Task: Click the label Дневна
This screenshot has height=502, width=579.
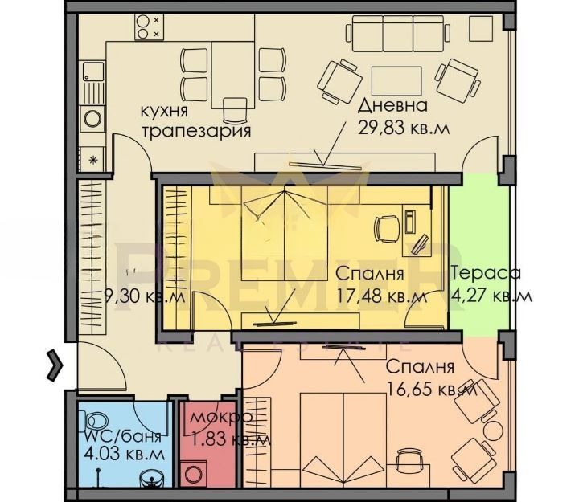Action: (393, 106)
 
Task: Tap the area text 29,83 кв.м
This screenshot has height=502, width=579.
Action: (404, 129)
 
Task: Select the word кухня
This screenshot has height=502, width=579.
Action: (165, 111)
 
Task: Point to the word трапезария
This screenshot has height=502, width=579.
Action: (196, 131)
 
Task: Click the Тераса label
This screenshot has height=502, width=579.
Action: (486, 273)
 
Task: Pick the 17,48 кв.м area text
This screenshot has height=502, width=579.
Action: (382, 296)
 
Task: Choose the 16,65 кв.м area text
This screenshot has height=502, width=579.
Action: (432, 389)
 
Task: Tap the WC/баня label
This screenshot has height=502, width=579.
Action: (123, 437)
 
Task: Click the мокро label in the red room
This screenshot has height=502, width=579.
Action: (222, 417)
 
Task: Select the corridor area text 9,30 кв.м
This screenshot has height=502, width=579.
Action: (145, 296)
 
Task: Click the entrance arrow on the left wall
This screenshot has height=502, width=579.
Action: (55, 365)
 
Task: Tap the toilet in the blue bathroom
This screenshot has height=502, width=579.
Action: (96, 421)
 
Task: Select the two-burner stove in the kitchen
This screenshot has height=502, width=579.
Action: (150, 27)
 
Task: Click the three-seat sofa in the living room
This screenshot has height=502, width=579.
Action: (398, 34)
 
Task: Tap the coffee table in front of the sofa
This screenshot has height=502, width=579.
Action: (396, 81)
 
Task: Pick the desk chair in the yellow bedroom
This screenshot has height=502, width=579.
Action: (388, 229)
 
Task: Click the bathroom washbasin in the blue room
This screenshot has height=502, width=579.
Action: (152, 481)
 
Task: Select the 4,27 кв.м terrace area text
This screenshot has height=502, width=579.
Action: (492, 296)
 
